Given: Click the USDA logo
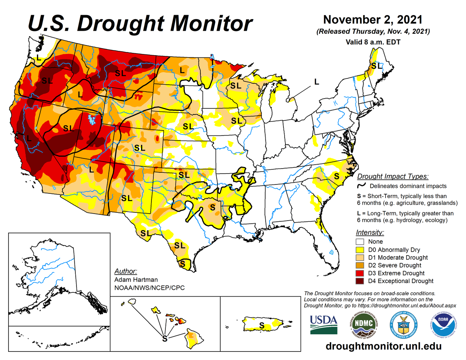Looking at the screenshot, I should (x=323, y=323).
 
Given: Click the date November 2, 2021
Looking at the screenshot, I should (x=373, y=19).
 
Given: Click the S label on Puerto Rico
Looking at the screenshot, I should (x=262, y=325).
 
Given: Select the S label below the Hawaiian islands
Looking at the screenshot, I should (x=165, y=338).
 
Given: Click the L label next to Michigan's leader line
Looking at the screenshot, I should (x=316, y=82).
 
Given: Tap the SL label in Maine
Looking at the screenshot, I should (x=376, y=66).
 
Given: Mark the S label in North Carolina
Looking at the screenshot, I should (x=337, y=176).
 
